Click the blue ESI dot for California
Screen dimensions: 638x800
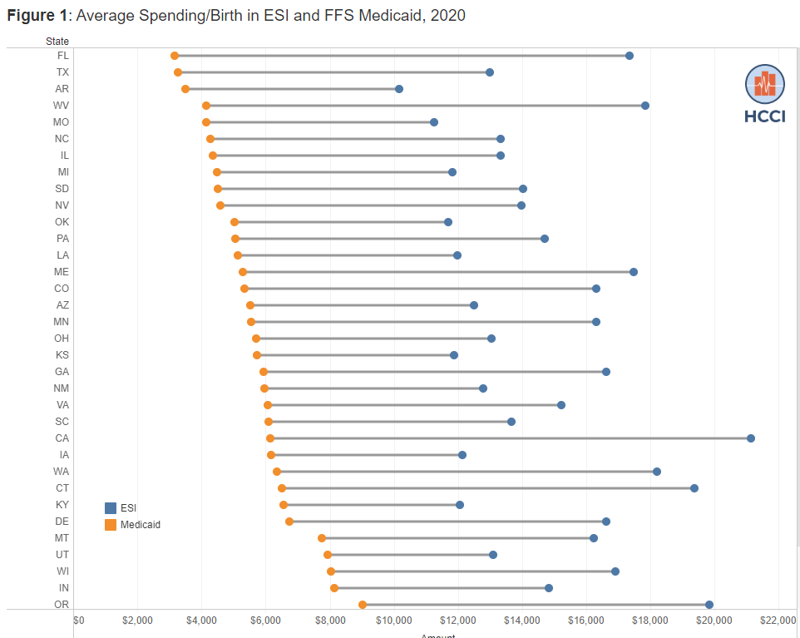click(750, 438)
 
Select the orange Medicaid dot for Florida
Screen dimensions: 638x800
click(175, 56)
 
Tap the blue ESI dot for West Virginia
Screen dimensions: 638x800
click(645, 106)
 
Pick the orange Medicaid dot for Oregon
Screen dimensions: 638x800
click(363, 605)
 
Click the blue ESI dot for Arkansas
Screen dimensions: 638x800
click(399, 89)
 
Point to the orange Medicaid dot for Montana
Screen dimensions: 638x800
click(322, 538)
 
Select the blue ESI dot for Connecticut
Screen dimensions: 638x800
click(694, 488)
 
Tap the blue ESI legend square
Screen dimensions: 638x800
click(111, 508)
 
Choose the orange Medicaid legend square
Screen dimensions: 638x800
click(111, 525)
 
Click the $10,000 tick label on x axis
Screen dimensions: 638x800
click(393, 620)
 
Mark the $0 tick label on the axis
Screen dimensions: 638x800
click(79, 620)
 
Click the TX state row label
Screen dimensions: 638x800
click(62, 72)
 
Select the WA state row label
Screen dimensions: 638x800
click(62, 472)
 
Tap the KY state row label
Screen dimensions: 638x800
click(62, 505)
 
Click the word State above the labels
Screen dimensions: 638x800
click(57, 41)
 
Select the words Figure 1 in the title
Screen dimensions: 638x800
click(36, 15)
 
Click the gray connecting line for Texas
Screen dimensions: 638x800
click(333, 72)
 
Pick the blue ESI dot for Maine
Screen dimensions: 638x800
click(634, 272)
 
